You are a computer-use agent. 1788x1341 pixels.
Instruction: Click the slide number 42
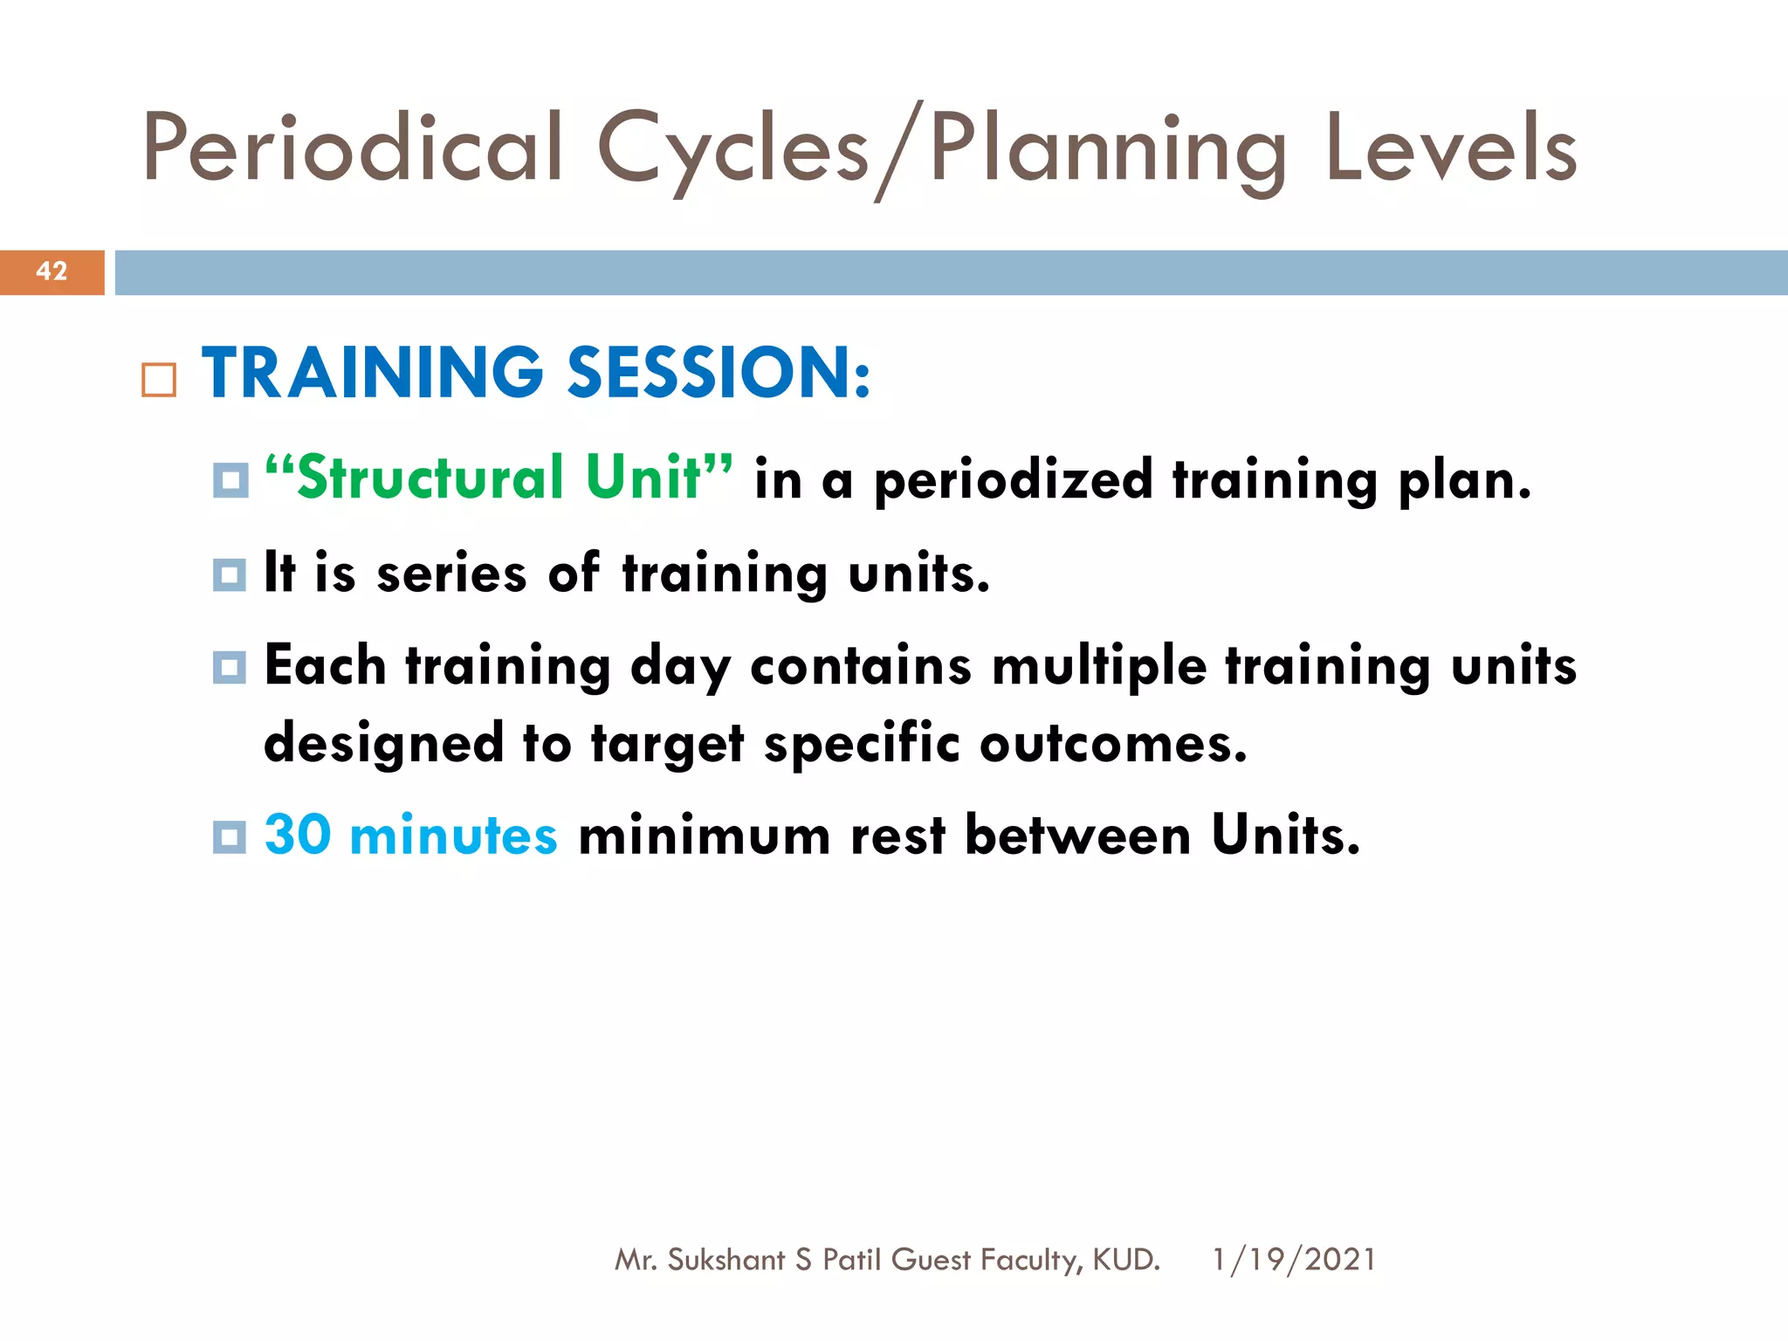click(x=52, y=272)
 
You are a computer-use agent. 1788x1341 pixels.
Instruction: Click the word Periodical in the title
click(x=353, y=148)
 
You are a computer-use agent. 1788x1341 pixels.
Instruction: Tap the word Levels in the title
click(x=1450, y=148)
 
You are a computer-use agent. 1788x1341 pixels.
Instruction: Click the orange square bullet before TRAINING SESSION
click(x=159, y=381)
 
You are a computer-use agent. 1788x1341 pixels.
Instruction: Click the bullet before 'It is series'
click(x=230, y=574)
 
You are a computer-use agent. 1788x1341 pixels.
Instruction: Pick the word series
click(x=451, y=574)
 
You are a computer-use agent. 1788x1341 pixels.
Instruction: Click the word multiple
click(x=1099, y=667)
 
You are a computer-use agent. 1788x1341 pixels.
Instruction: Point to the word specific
click(x=861, y=746)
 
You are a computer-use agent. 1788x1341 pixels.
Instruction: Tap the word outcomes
click(x=1112, y=746)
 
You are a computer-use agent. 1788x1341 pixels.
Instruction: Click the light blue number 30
click(x=298, y=835)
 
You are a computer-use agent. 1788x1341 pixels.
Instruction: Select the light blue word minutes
click(x=452, y=835)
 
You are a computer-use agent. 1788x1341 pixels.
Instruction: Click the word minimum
click(x=704, y=835)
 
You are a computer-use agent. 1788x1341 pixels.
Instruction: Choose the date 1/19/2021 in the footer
click(x=1293, y=1260)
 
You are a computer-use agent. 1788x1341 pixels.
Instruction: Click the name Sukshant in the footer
click(x=726, y=1260)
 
